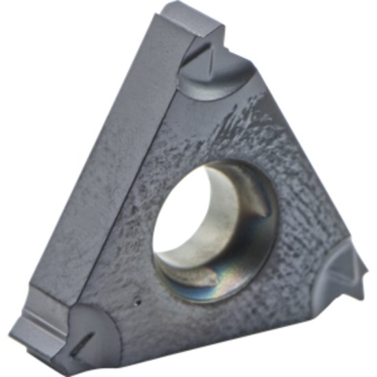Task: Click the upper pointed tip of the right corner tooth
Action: point(354,254)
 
